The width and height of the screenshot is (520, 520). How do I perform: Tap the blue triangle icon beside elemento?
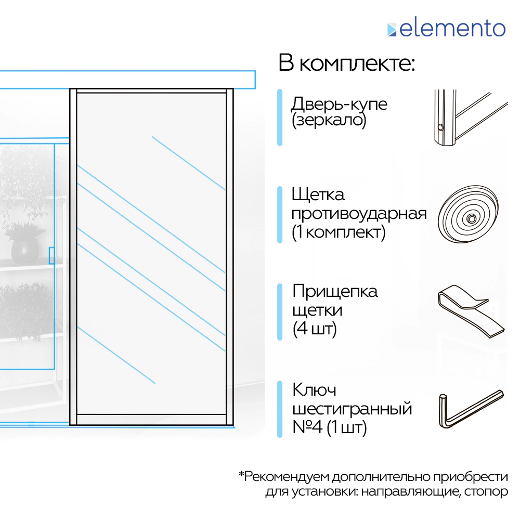[x=392, y=30]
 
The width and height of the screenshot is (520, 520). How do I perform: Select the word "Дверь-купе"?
[x=339, y=103]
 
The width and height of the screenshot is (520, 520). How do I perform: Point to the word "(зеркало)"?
[x=329, y=121]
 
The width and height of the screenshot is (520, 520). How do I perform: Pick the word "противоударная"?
[x=359, y=214]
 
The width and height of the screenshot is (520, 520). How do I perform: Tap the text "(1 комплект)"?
[x=339, y=232]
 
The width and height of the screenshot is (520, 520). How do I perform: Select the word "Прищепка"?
[x=335, y=291]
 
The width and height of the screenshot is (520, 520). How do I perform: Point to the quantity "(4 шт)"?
[x=315, y=329]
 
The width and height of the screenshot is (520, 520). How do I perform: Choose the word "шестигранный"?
[x=352, y=409]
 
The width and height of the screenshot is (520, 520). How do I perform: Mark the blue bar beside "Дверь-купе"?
[x=280, y=118]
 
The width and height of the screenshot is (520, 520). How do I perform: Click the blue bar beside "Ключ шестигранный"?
[x=280, y=409]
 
